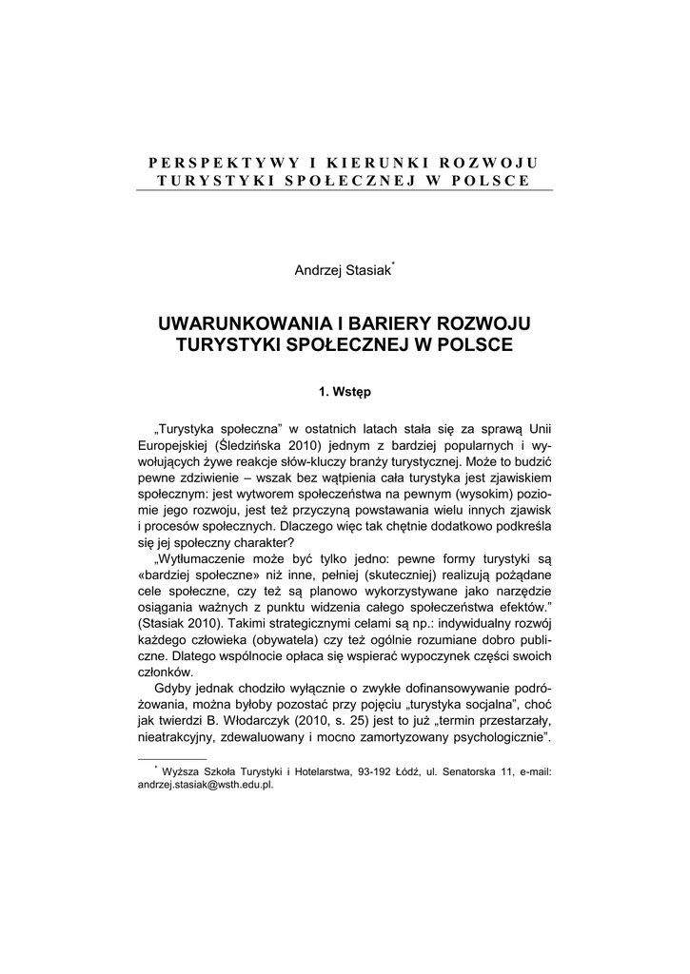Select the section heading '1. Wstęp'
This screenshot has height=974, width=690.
345,391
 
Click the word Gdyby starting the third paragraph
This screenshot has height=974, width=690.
171,687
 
